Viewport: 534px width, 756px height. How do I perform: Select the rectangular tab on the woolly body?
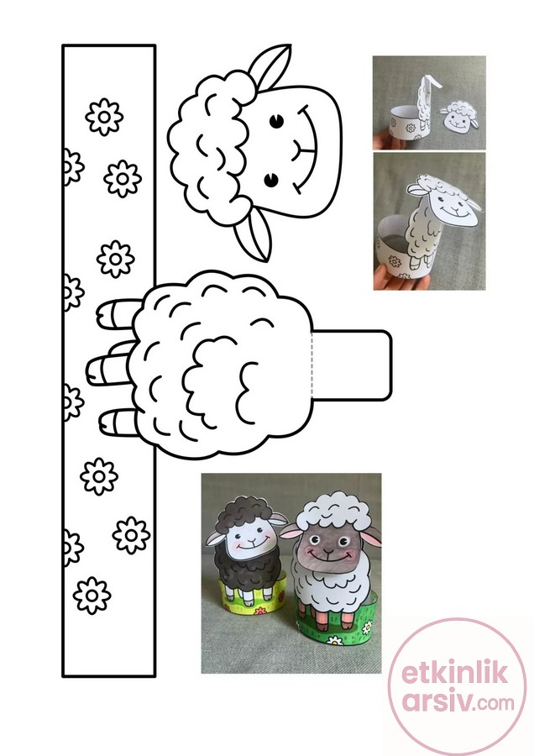click(x=352, y=365)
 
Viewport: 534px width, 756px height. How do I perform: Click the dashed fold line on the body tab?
click(x=312, y=365)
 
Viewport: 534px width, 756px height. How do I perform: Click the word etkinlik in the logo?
click(x=454, y=673)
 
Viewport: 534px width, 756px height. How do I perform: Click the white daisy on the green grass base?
click(x=334, y=640)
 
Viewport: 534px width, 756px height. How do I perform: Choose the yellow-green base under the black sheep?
click(x=250, y=601)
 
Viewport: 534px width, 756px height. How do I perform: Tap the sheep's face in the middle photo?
click(x=454, y=207)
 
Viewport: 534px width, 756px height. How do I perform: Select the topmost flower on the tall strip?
click(x=103, y=117)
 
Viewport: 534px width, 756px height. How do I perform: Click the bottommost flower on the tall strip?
click(x=92, y=596)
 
